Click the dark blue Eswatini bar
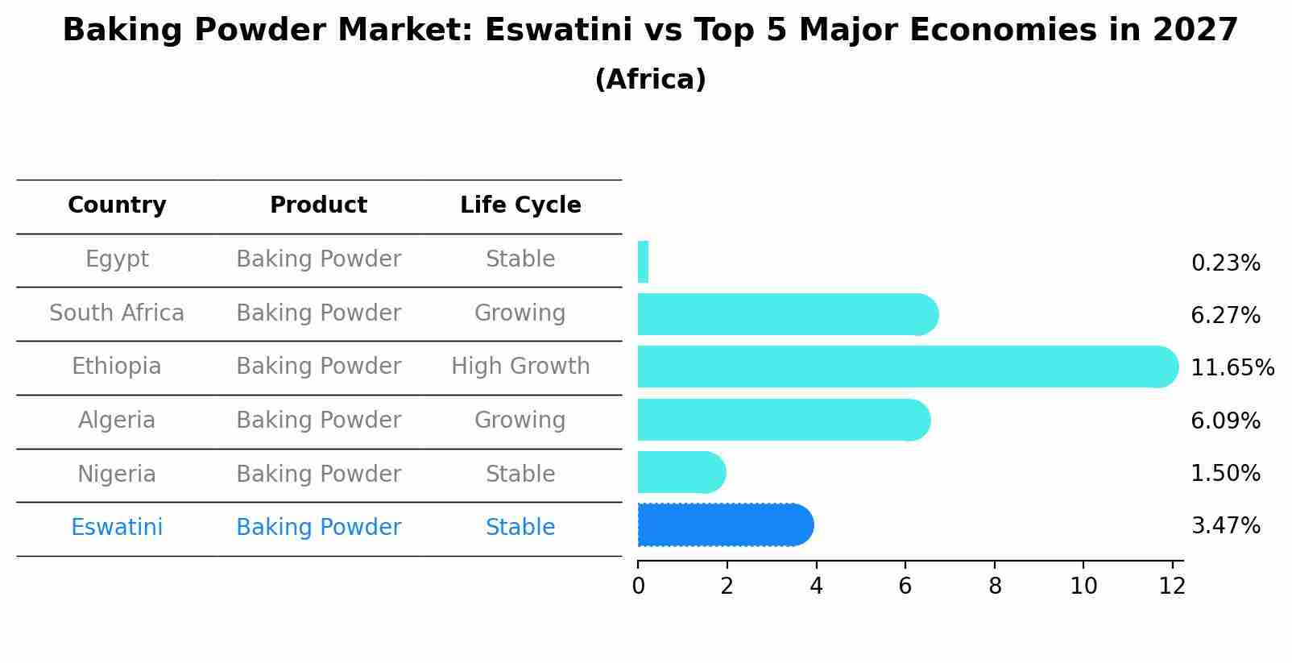pos(725,525)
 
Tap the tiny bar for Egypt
pos(643,263)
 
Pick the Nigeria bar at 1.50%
pos(681,473)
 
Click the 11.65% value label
pos(1232,368)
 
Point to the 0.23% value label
pos(1225,263)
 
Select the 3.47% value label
pos(1225,526)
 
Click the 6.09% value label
pos(1225,421)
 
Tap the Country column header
pos(117,205)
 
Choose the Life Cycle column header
pos(520,205)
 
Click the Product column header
pos(318,205)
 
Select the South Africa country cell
pos(117,313)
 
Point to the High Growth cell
pos(520,367)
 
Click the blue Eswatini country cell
pos(117,528)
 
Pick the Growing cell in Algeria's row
pos(520,421)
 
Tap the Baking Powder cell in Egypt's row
pos(318,259)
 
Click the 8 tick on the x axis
pos(995,586)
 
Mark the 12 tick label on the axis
pos(1172,586)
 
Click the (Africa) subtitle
pos(650,80)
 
